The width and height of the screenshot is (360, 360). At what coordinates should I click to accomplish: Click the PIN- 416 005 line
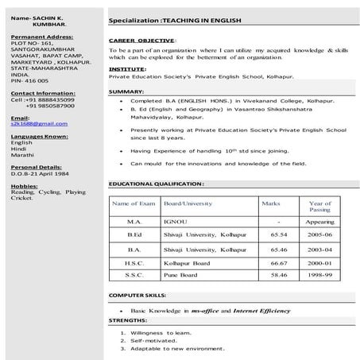pos(30,80)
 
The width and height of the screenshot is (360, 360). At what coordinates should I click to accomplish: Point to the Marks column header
pos(272,203)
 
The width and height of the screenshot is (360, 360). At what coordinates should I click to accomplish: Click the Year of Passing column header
pos(319,207)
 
